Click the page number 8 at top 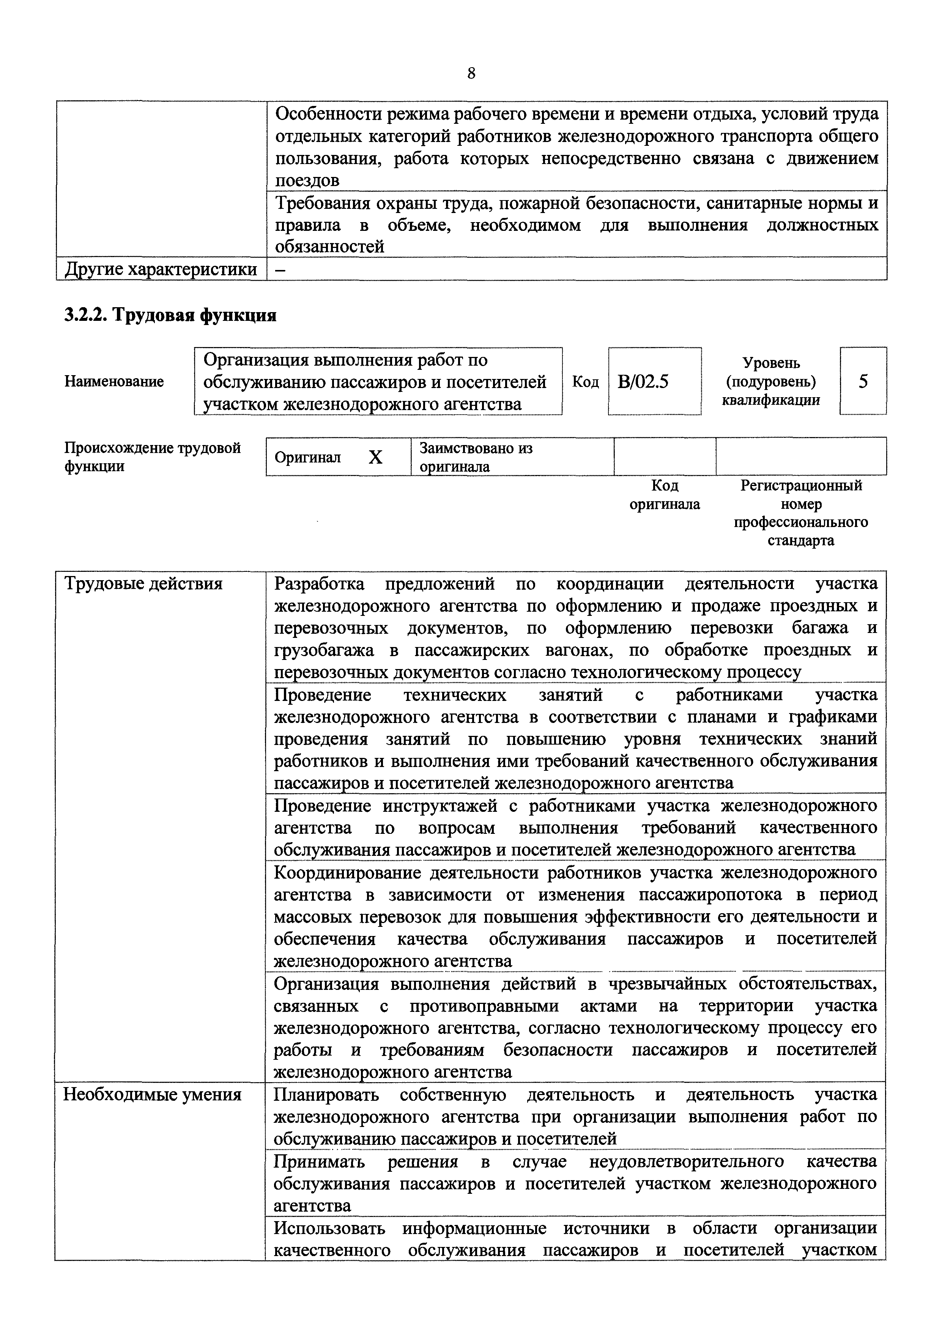pos(471,73)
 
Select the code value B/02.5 pos(643,382)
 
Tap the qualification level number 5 pos(863,381)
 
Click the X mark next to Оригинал pos(376,458)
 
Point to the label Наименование pos(114,381)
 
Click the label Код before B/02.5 pos(585,382)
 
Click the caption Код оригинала pos(665,495)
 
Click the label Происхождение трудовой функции pos(152,457)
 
